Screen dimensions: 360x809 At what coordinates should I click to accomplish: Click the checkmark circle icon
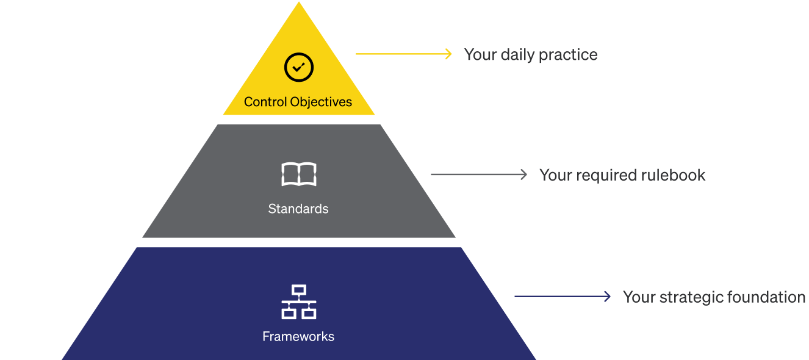pos(299,67)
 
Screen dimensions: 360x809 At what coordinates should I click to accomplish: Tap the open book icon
pos(298,175)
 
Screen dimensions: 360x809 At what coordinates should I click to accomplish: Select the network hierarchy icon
pos(298,301)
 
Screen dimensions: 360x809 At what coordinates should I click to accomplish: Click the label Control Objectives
pos(298,102)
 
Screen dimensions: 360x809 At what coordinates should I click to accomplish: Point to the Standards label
pos(298,209)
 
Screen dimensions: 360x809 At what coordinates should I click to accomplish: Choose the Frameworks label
pos(298,336)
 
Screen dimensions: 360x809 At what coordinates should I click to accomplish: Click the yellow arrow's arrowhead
pos(449,54)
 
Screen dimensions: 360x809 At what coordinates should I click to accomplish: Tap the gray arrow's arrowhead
pos(523,175)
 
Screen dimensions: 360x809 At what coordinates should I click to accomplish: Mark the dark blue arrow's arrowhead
pos(607,297)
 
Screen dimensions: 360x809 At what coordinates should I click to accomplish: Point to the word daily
pos(515,55)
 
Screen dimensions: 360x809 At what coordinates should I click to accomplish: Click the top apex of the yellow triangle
pos(299,3)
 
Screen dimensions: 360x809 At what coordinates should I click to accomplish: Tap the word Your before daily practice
pos(480,55)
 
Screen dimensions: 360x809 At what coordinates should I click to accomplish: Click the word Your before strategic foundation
pos(639,297)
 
